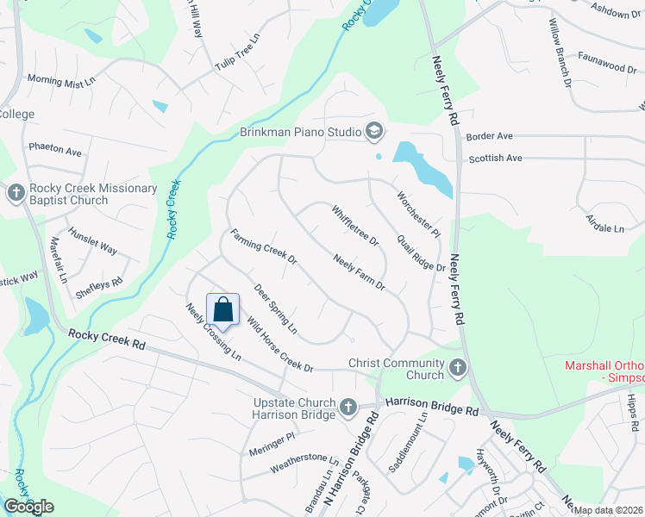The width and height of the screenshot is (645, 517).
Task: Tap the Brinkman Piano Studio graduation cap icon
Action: point(374,132)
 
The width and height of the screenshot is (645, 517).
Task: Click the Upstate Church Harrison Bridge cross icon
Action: point(348,406)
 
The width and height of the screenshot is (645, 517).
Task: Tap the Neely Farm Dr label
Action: point(358,271)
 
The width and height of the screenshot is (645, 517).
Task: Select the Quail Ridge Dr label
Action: point(421,254)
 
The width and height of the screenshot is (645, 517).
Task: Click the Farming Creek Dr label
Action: point(263,246)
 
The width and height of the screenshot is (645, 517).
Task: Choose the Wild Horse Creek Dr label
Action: point(279,345)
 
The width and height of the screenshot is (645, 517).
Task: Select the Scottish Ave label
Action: point(495,159)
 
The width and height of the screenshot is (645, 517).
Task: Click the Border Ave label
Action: point(489,136)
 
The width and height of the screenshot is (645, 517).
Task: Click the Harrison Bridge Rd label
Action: point(431,402)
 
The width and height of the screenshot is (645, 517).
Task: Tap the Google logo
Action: point(28,507)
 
